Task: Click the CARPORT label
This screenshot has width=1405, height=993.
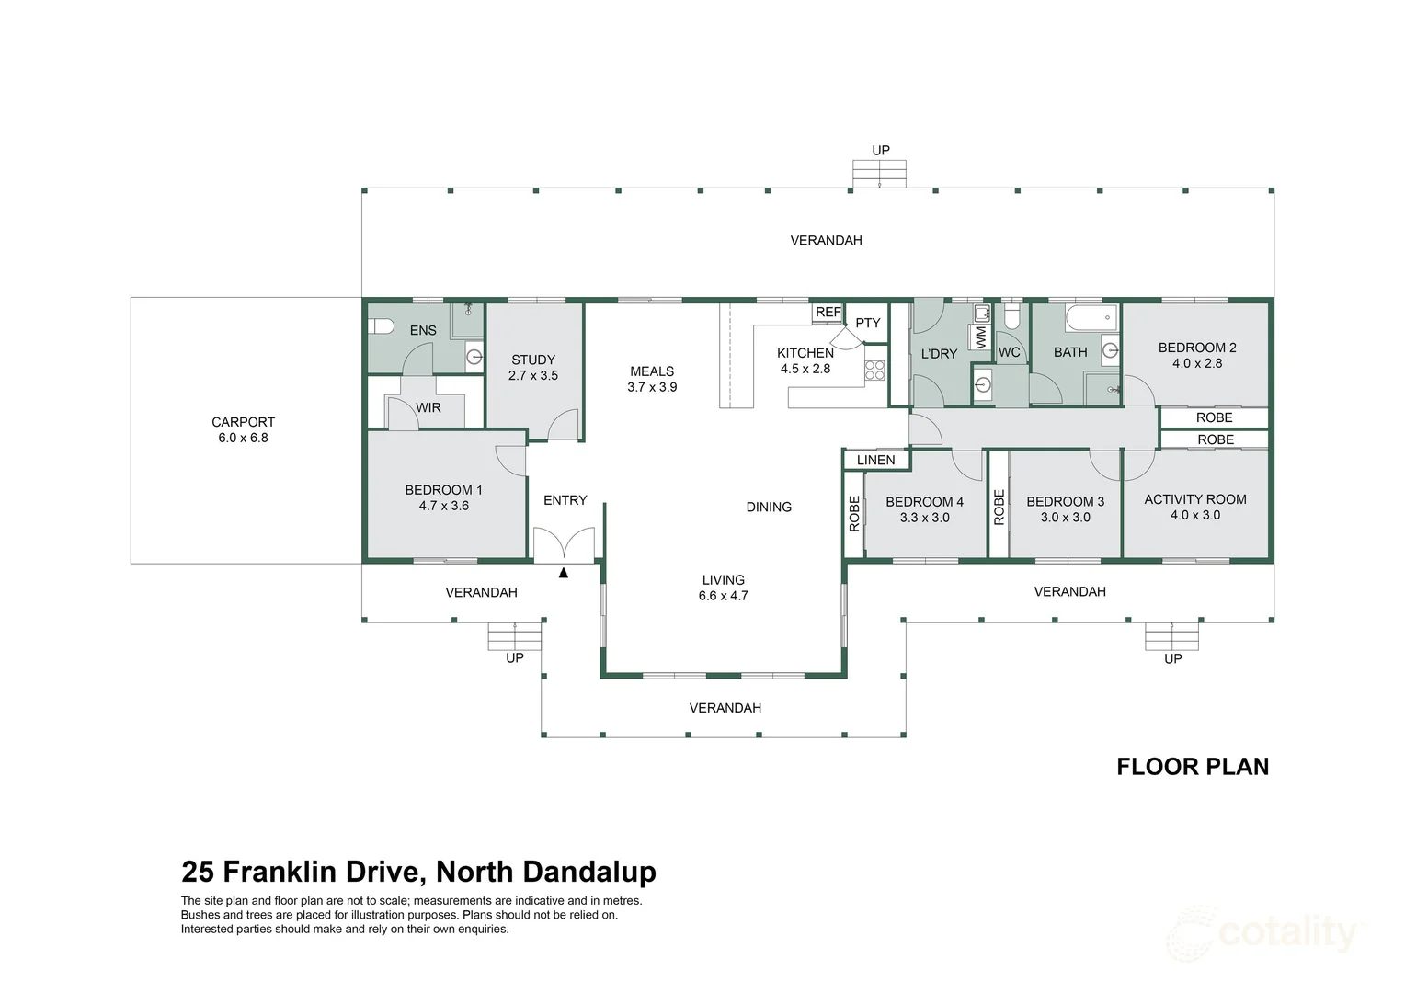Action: tap(243, 422)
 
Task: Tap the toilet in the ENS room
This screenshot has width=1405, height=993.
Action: tap(381, 325)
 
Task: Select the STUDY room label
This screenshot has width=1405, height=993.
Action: tap(533, 360)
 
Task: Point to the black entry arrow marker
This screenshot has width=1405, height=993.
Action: tap(564, 573)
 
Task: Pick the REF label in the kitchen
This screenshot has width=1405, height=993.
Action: tap(828, 313)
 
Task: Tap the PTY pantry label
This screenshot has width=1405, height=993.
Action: tap(868, 323)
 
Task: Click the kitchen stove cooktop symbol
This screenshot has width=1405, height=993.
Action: tap(874, 371)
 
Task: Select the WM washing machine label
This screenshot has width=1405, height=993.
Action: tap(980, 337)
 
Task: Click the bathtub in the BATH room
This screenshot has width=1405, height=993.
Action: tap(1091, 319)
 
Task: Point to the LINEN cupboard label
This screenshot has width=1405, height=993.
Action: tap(875, 460)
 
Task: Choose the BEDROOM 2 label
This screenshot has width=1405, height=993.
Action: tap(1197, 348)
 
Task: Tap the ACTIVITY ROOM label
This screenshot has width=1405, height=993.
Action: tap(1195, 499)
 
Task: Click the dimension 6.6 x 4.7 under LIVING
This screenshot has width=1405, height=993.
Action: tap(724, 596)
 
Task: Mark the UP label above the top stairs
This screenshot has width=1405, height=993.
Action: tap(881, 150)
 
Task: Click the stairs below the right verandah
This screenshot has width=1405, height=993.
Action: tap(1172, 635)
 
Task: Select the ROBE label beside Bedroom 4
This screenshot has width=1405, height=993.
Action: tap(854, 513)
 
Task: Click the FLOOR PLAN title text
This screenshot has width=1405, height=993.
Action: tap(1193, 767)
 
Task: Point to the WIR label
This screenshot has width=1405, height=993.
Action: tap(428, 407)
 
